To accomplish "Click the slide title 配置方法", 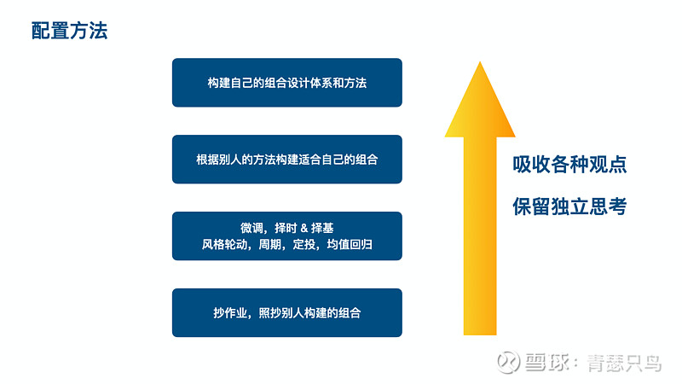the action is [70, 31].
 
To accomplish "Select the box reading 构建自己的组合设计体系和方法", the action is [287, 83].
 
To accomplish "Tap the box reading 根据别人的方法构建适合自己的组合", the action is [287, 160].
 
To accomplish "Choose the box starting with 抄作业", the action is [287, 312].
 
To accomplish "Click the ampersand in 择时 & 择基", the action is [304, 228].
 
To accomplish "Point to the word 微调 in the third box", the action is [251, 228].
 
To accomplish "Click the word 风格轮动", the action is [224, 245].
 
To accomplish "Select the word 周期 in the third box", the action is [270, 245].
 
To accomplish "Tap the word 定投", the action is [304, 245].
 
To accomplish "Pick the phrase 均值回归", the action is [350, 245].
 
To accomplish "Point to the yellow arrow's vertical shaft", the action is [480, 236].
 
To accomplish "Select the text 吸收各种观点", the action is [569, 165].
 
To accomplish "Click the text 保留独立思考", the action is [569, 207].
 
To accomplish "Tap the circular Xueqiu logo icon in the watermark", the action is [508, 361].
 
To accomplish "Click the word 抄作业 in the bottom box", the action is [230, 313].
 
